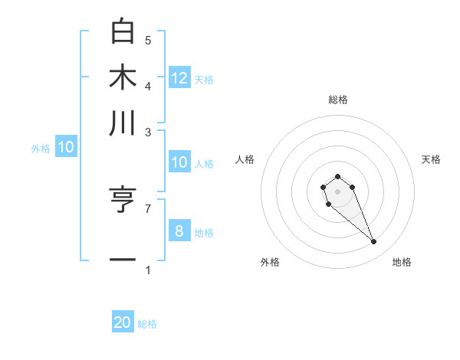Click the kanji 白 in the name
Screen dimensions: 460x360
[123, 31]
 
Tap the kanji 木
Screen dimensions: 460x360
[123, 78]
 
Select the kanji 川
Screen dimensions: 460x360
[123, 123]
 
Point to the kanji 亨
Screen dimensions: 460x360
[123, 201]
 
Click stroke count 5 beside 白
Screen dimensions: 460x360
[148, 40]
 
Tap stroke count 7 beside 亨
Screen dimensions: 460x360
[148, 208]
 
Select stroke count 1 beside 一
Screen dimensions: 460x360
[148, 270]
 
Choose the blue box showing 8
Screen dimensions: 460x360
[179, 231]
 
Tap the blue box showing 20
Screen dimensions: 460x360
[123, 322]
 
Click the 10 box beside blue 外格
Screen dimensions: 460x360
[66, 147]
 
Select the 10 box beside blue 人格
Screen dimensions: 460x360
[179, 162]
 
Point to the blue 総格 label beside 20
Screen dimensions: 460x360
[147, 324]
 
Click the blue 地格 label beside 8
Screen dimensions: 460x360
[204, 233]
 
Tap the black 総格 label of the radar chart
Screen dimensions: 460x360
[337, 100]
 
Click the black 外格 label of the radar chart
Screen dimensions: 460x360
[270, 262]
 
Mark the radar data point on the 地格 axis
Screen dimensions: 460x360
[374, 242]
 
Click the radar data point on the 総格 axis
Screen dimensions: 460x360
[337, 177]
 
